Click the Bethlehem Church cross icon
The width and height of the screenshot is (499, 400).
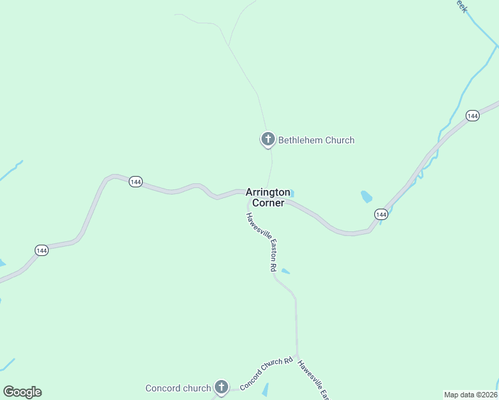[268, 139]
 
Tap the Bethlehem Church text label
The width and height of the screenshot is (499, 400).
[316, 140]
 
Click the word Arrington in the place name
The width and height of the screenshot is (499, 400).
[268, 192]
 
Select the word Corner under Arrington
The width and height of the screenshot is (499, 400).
[268, 203]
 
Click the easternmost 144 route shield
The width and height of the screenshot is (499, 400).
[472, 116]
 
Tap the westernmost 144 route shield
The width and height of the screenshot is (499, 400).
[41, 250]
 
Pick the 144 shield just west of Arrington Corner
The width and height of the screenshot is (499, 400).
[135, 182]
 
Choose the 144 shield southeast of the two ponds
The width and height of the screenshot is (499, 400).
[380, 214]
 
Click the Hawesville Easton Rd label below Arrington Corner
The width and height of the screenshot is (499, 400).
[261, 241]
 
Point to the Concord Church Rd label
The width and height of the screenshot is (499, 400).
[266, 373]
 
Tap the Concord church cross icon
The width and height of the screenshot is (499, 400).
[221, 387]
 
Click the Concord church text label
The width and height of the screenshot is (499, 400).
[178, 388]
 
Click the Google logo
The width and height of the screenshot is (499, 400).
[22, 392]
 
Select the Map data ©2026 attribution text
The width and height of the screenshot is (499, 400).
[470, 394]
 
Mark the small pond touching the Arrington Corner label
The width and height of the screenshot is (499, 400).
[292, 194]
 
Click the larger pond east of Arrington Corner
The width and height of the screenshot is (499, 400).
[366, 197]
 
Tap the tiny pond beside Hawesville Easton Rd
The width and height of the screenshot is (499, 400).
[286, 271]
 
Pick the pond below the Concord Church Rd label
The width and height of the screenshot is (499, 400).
[265, 389]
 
